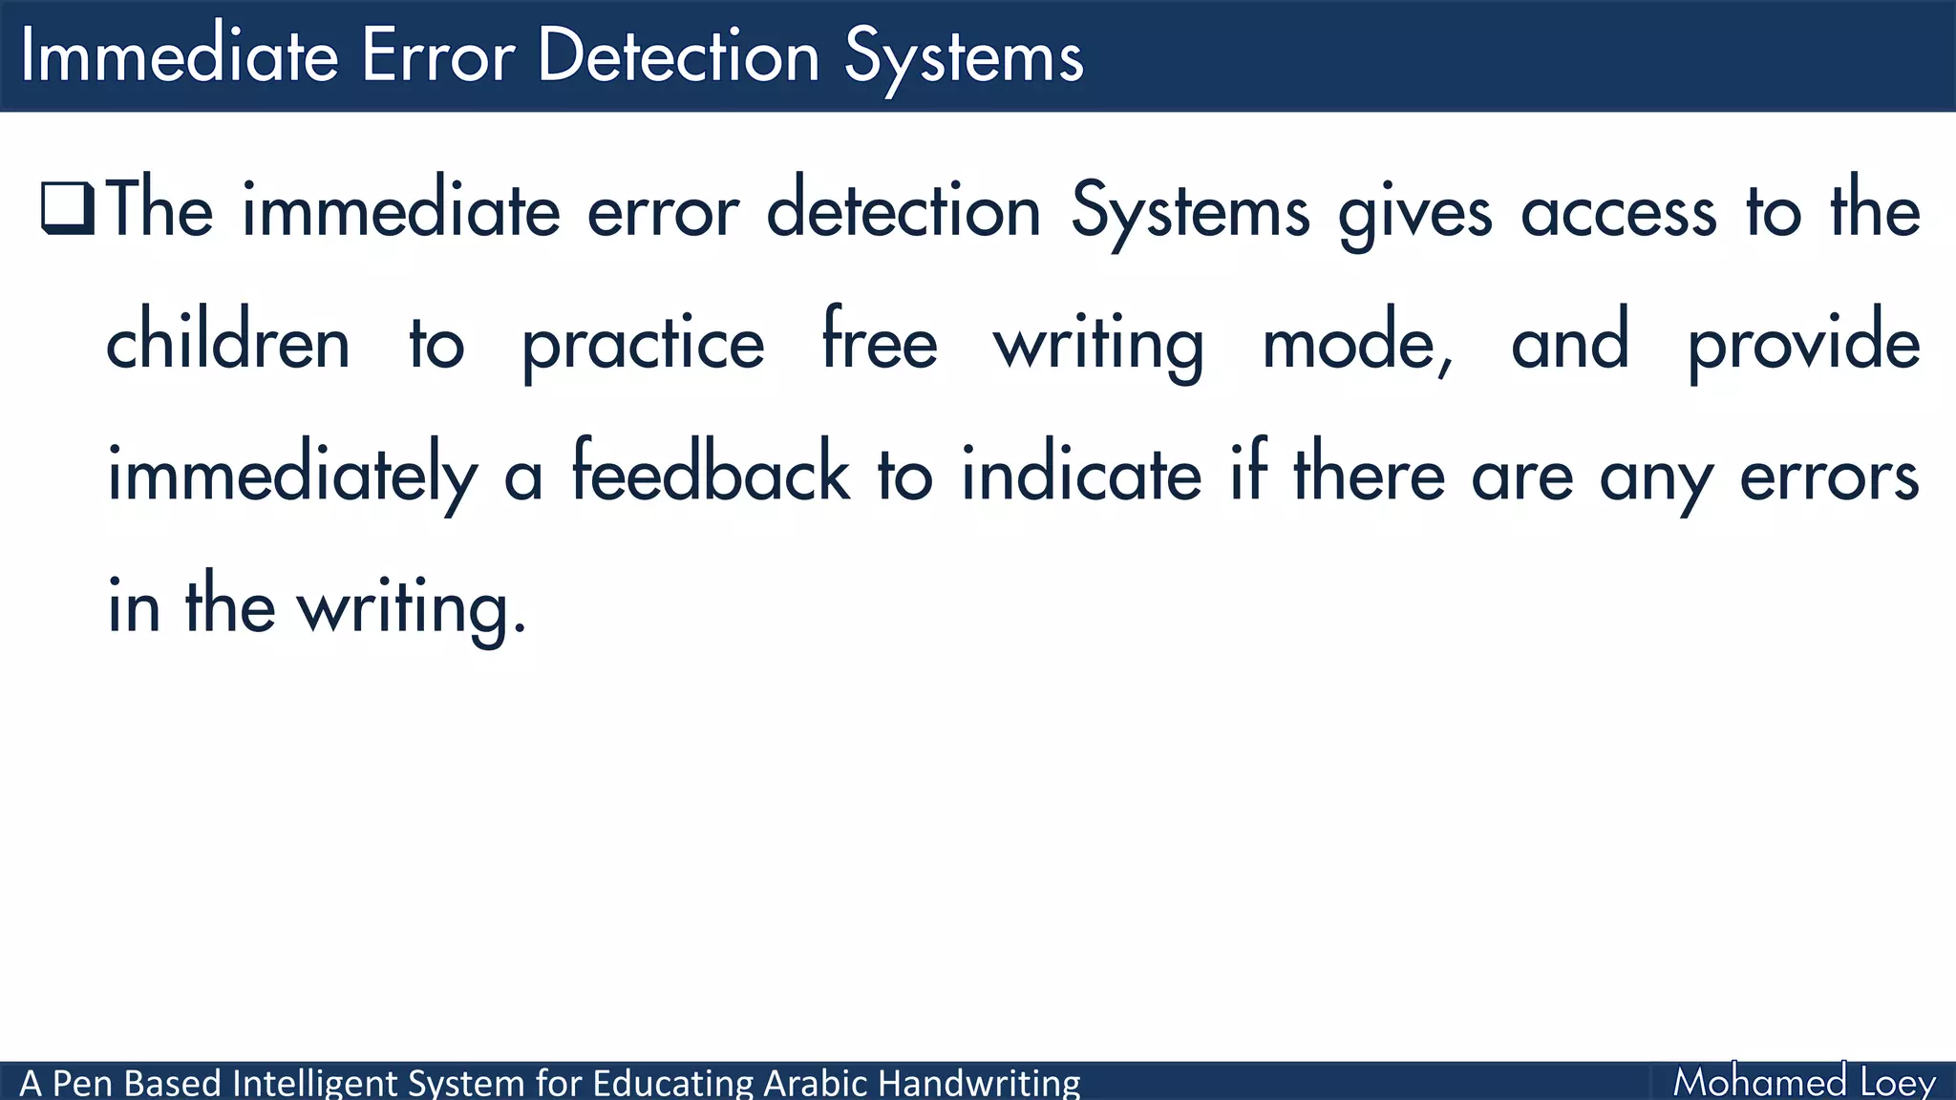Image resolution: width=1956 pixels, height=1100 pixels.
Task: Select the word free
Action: pyautogui.click(x=880, y=342)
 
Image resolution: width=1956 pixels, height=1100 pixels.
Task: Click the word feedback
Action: pyautogui.click(x=711, y=474)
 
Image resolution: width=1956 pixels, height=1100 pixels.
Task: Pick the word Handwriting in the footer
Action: pyautogui.click(x=979, y=1083)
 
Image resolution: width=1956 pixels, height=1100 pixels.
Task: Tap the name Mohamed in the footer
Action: pyautogui.click(x=1759, y=1082)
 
